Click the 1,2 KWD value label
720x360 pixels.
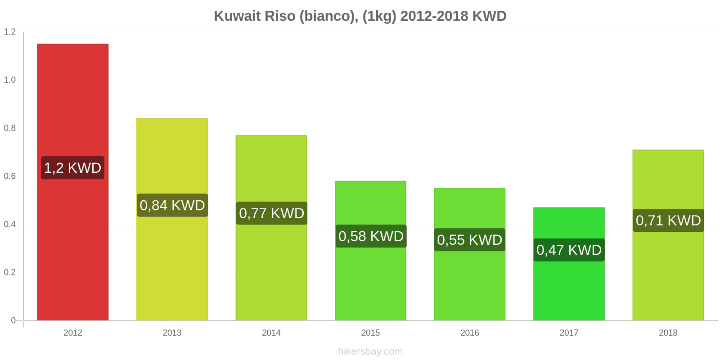coord(72,168)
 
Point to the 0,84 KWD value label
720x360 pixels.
coord(172,205)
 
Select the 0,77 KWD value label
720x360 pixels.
coord(271,213)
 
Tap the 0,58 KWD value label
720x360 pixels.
coord(371,236)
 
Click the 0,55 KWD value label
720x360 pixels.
coord(470,240)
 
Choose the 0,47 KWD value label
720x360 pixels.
coord(569,250)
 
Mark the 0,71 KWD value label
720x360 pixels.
coord(668,220)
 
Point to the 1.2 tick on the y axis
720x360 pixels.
coord(10,32)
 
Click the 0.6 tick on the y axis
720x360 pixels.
coord(10,176)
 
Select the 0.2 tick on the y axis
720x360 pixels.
coord(10,272)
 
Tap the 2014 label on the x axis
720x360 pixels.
coord(271,333)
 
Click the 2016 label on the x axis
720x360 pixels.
coord(470,333)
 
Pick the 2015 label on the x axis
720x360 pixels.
coord(370,333)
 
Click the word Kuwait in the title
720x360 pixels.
coord(237,16)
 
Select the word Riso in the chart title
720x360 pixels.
coord(280,16)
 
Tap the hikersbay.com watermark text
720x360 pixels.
coord(370,351)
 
